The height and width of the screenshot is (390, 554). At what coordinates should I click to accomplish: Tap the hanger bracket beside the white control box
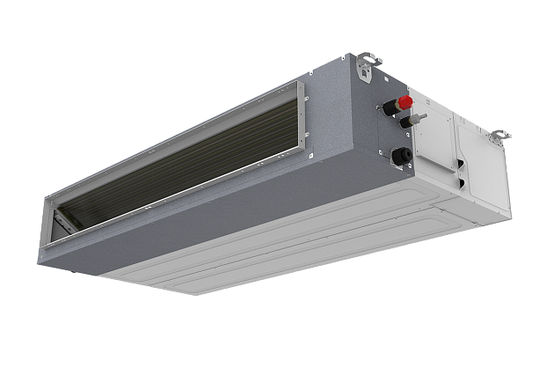(498, 136)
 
